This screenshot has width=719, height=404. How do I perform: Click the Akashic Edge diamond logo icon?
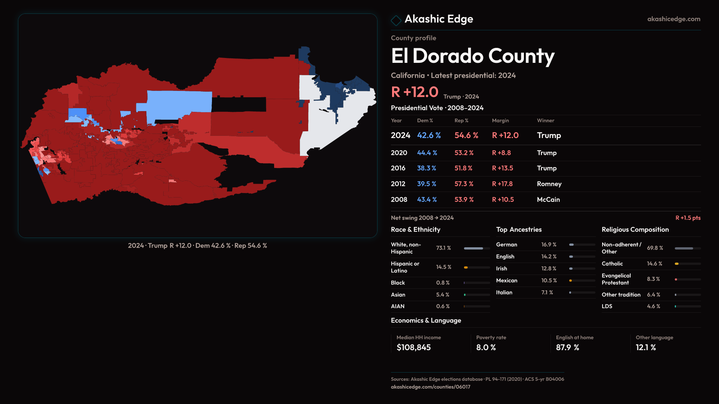point(396,20)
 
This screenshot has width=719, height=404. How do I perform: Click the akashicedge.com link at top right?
point(673,19)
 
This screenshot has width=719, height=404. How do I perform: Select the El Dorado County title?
point(473,56)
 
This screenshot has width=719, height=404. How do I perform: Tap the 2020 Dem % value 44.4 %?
point(427,153)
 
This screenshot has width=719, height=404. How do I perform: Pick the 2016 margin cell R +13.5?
point(502,168)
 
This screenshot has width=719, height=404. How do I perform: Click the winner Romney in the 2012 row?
point(549,184)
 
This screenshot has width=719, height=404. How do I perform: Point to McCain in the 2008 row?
point(548,200)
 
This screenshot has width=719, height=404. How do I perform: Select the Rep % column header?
point(461,121)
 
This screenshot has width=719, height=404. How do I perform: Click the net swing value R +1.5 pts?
point(688,218)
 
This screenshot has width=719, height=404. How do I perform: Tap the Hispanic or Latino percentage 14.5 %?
point(443,267)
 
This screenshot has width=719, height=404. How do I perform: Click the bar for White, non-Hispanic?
point(477,248)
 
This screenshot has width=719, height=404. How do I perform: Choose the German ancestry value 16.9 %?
point(549,245)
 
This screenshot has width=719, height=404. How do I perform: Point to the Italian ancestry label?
point(504,293)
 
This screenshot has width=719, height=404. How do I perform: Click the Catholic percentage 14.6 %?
point(654,264)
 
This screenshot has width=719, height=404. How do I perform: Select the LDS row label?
point(607,306)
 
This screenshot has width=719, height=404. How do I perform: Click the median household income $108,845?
point(413,348)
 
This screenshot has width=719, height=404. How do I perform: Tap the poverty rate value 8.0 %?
point(486,348)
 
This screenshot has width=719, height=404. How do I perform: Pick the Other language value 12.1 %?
point(646,348)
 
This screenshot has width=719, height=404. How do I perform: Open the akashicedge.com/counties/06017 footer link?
point(430,387)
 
